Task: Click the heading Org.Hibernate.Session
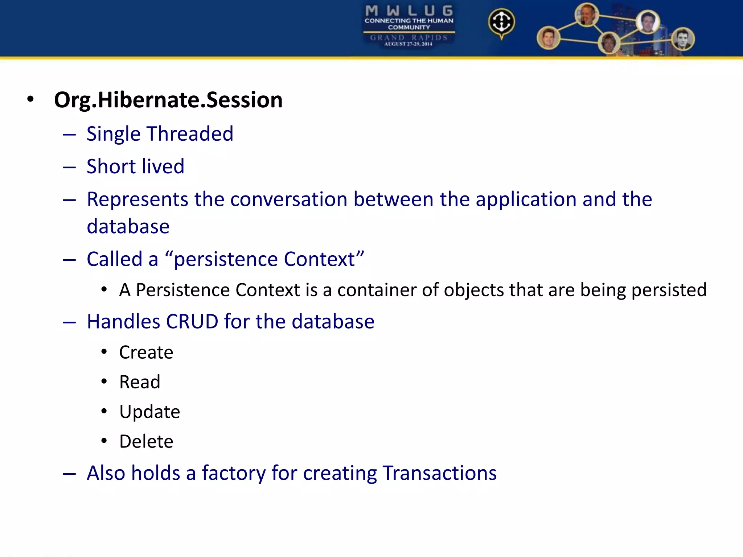tap(168, 100)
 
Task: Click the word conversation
tap(289, 199)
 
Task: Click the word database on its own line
tap(128, 227)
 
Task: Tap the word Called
tap(115, 259)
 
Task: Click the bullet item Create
tap(146, 352)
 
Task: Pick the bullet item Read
tap(140, 382)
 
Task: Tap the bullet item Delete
tap(146, 442)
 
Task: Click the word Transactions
tap(439, 473)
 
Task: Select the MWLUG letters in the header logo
tap(409, 11)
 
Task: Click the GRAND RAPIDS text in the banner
tap(409, 37)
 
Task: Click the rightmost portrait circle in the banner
tap(682, 39)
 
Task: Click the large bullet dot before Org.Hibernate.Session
tap(30, 99)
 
